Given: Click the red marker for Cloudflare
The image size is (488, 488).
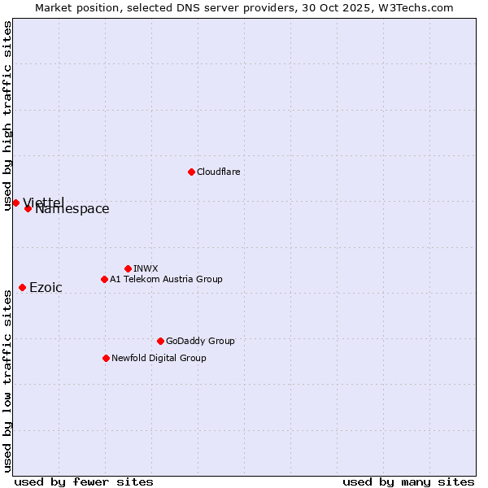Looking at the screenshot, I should click(x=191, y=172).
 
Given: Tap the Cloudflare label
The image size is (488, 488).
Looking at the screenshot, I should click(x=219, y=172).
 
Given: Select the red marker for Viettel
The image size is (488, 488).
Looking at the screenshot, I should click(x=15, y=203).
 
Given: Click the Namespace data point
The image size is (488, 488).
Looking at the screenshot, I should click(x=28, y=208).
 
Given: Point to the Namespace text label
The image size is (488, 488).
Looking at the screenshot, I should click(x=72, y=209).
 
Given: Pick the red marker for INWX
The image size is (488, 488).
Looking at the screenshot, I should click(x=128, y=268).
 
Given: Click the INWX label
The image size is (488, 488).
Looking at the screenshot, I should click(x=146, y=268).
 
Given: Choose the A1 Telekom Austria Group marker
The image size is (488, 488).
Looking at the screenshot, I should click(x=104, y=279).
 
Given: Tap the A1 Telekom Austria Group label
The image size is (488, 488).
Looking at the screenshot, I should click(x=166, y=279).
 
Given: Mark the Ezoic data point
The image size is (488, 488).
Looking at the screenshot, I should click(x=22, y=287).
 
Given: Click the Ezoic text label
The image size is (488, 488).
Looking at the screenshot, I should click(x=46, y=287).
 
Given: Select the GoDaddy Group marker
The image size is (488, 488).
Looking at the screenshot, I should click(x=160, y=341).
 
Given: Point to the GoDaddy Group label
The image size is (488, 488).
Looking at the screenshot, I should click(x=200, y=341).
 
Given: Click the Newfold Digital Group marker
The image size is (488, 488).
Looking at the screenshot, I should click(x=106, y=358).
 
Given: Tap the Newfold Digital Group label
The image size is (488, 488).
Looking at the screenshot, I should click(x=159, y=358).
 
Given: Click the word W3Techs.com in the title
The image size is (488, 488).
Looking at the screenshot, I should click(x=420, y=7).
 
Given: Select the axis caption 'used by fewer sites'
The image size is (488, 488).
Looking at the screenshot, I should click(x=84, y=481).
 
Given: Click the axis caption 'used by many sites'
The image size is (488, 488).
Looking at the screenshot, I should click(x=408, y=481).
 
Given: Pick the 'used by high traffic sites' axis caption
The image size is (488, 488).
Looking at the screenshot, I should click(x=7, y=115).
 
